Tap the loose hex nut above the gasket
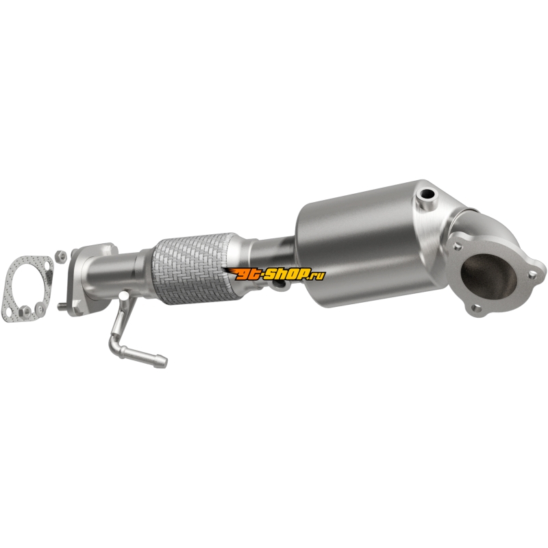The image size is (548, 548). (x=62, y=256)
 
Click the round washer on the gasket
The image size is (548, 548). (x=40, y=308)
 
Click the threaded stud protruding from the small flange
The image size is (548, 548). (x=62, y=308)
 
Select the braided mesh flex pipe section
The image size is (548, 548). (x=193, y=268)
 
